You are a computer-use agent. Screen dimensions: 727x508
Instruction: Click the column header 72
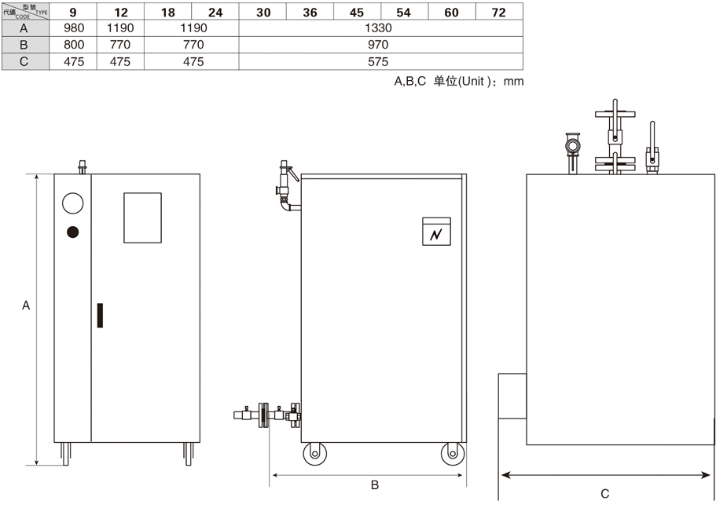pos(498,13)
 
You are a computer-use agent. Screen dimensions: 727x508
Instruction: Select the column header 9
pos(73,13)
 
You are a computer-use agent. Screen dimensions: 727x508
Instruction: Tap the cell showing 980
pos(74,28)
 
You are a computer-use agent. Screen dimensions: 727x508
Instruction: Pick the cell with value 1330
pos(378,28)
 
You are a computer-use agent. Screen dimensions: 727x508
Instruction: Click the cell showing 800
pos(74,45)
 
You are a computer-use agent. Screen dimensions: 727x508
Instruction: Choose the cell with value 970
pos(378,45)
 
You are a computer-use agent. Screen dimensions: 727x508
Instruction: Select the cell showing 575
pos(378,61)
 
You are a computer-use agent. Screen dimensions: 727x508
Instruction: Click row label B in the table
pos(24,45)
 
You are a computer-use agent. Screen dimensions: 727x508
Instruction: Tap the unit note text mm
pos(513,82)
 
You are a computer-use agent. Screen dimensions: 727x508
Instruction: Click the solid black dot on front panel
pos(73,232)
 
